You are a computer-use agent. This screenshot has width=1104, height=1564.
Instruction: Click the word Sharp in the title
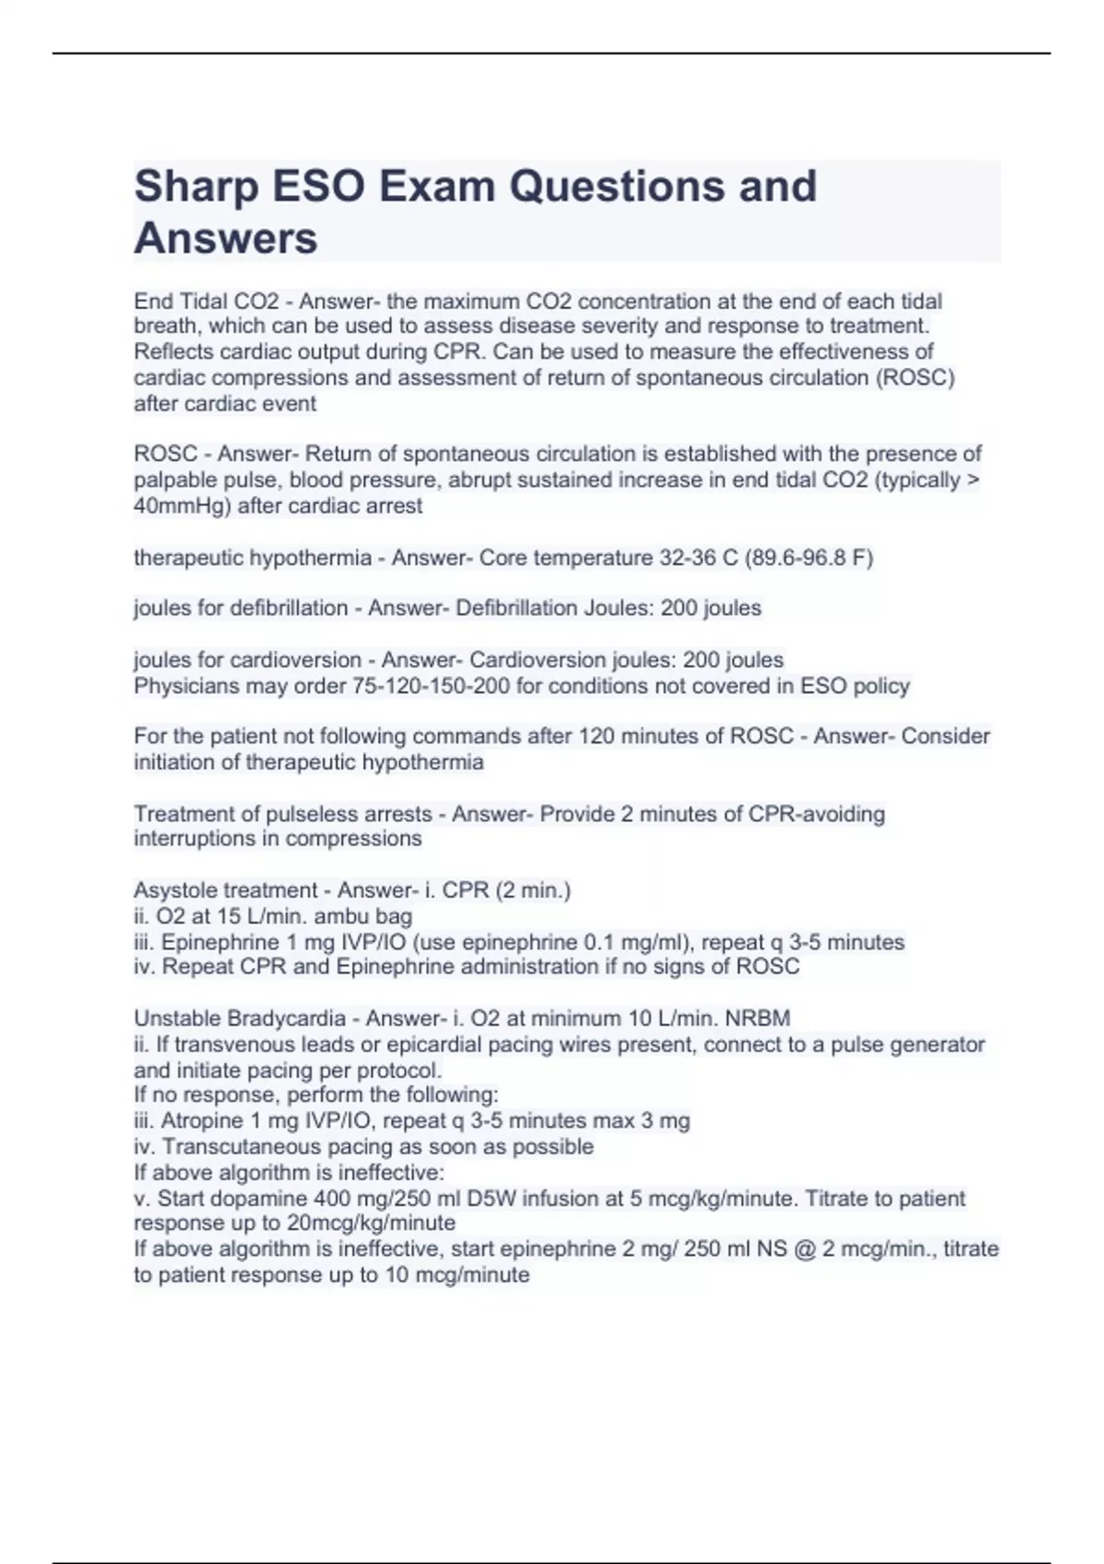pos(196,187)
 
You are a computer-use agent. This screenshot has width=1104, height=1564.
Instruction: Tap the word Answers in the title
pos(225,238)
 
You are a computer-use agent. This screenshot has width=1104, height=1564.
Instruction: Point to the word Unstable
pos(177,1018)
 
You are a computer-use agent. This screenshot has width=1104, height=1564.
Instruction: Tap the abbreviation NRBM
pos(757,1018)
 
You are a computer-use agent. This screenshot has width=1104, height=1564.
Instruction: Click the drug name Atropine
pos(198,1121)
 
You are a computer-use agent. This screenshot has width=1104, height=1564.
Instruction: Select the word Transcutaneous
pos(239,1147)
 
